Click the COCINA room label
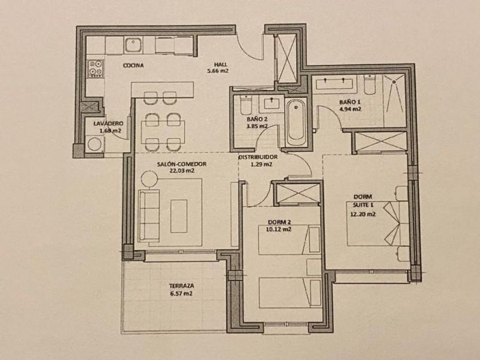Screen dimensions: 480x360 click(x=133, y=65)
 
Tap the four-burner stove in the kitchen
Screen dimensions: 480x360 click(x=95, y=68)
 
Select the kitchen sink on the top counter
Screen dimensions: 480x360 click(x=133, y=45)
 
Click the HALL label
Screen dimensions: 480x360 click(x=221, y=64)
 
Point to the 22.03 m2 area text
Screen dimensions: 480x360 click(x=182, y=171)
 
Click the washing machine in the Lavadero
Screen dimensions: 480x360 click(x=94, y=144)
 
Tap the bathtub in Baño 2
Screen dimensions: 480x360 click(x=296, y=122)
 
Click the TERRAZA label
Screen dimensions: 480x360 click(x=182, y=286)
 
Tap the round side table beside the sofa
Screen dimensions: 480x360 click(x=149, y=178)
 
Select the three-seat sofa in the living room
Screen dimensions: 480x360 click(x=149, y=216)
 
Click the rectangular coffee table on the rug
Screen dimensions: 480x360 click(x=179, y=216)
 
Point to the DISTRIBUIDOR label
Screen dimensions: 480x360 click(x=258, y=157)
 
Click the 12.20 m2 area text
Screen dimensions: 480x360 click(x=363, y=214)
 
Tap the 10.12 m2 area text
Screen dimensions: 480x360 click(x=279, y=229)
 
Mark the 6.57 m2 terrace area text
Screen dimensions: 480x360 click(x=182, y=294)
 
